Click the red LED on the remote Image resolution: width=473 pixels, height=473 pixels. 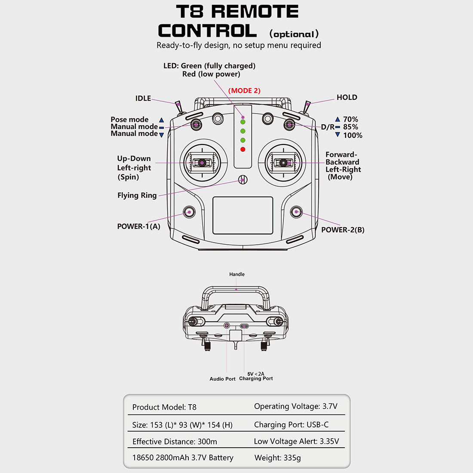243,150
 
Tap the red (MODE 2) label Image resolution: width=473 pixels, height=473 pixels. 244,91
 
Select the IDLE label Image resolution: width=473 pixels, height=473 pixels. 143,98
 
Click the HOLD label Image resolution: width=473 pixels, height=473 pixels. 347,97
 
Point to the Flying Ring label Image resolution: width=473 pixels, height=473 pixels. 137,195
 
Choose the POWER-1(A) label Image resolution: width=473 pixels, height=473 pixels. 138,226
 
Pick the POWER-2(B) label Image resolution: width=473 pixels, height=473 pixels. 343,230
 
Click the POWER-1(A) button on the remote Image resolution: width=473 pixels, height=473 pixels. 189,212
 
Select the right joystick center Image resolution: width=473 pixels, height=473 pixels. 283,163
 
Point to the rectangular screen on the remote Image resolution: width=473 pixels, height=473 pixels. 243,215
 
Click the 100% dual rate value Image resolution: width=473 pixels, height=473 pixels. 353,135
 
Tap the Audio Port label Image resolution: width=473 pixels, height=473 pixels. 222,379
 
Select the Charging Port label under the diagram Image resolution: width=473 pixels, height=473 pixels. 256,378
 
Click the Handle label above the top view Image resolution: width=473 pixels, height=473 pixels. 237,274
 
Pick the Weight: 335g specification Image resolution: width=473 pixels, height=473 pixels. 278,458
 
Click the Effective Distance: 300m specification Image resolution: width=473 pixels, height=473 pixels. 175,442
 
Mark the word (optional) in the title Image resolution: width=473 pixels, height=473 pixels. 294,34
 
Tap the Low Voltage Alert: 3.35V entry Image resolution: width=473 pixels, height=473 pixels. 296,441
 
